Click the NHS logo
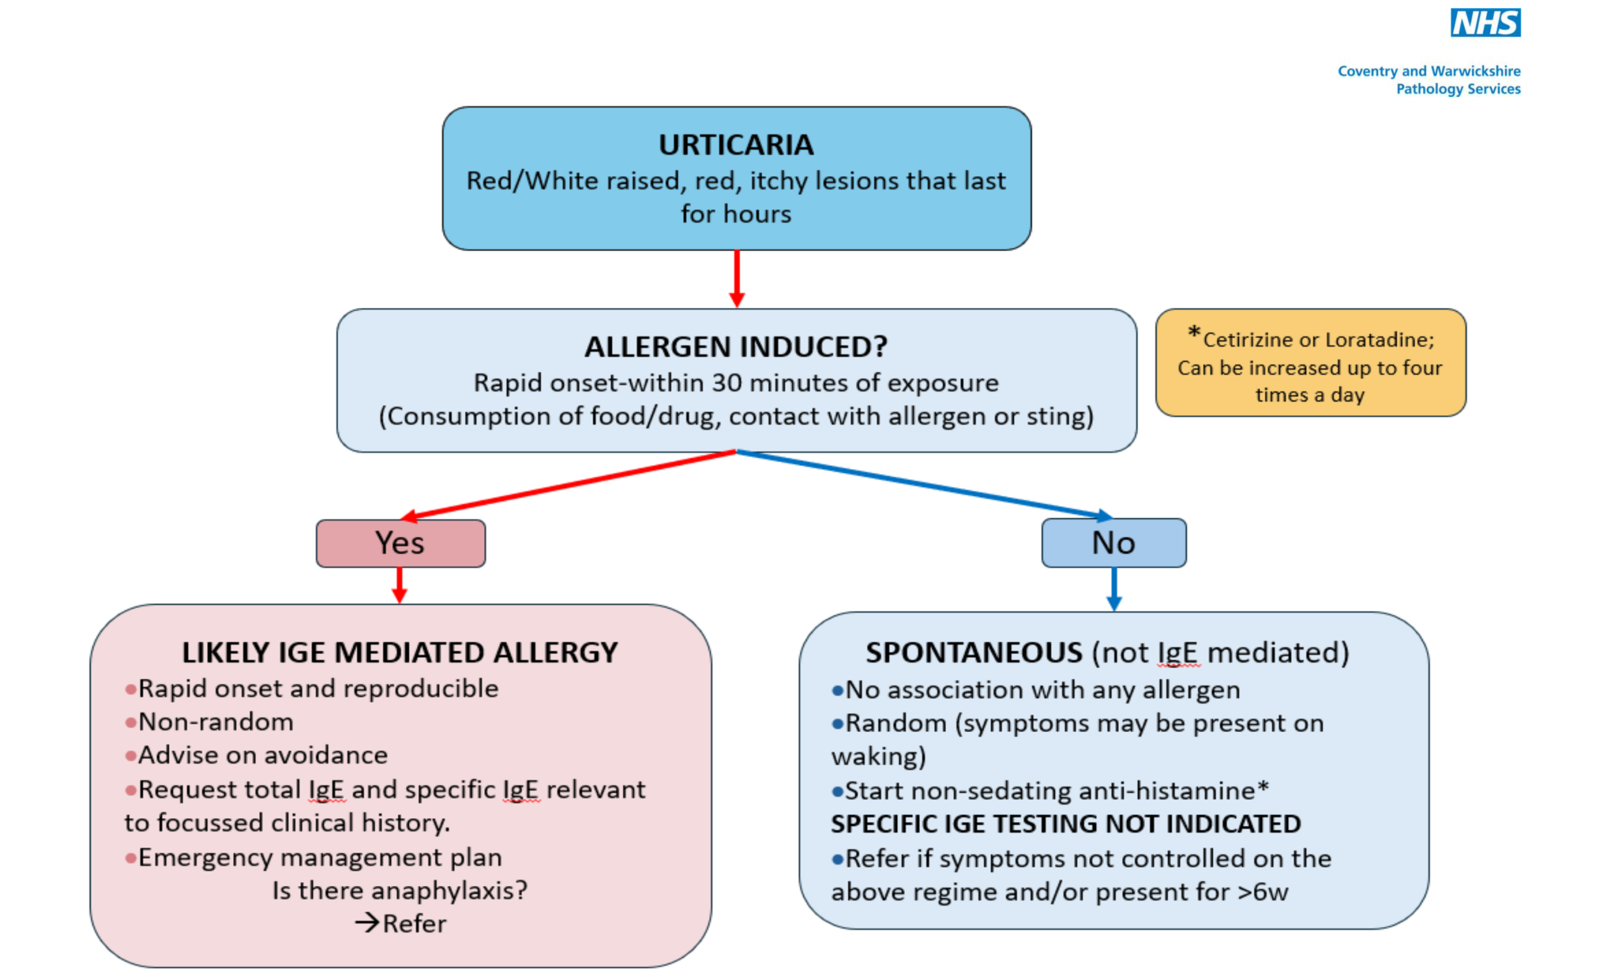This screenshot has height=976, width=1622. pyautogui.click(x=1485, y=23)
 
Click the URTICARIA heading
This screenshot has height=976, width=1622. pyautogui.click(x=736, y=145)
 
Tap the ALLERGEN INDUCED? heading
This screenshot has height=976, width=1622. pyautogui.click(x=736, y=347)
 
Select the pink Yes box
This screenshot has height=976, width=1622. pyautogui.click(x=400, y=543)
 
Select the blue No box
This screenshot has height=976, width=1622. pyautogui.click(x=1113, y=543)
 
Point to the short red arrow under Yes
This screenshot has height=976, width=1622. pyautogui.click(x=399, y=585)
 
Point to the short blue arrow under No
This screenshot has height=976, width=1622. pyautogui.click(x=1113, y=589)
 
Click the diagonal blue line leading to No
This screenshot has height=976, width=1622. pyautogui.click(x=921, y=484)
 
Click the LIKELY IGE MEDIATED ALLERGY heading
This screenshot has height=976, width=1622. pyautogui.click(x=400, y=652)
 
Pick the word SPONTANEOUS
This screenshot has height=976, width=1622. pyautogui.click(x=974, y=652)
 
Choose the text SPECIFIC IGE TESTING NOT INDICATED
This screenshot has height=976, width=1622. pyautogui.click(x=1065, y=824)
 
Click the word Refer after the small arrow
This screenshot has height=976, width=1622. pyautogui.click(x=414, y=924)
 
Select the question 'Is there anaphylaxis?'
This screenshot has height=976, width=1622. pyautogui.click(x=400, y=890)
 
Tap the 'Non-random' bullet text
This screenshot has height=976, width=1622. pyautogui.click(x=215, y=722)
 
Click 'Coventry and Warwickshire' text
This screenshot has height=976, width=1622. pyautogui.click(x=1429, y=71)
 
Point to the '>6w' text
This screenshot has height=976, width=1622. pyautogui.click(x=1262, y=892)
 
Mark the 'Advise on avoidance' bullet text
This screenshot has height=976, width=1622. pyautogui.click(x=263, y=755)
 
